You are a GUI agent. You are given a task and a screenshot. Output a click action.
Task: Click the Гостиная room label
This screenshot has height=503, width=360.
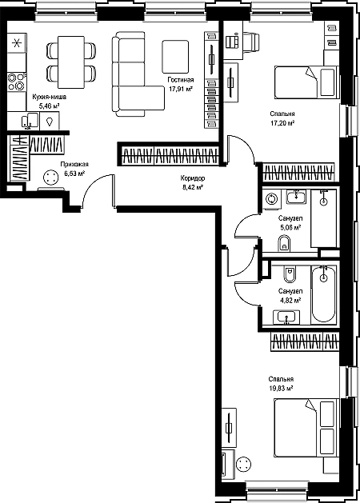pyautogui.click(x=181, y=80)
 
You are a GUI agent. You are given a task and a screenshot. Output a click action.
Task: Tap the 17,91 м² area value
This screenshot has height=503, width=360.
pyautogui.click(x=181, y=89)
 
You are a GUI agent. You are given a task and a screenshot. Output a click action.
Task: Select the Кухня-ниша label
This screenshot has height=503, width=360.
pyautogui.click(x=50, y=97)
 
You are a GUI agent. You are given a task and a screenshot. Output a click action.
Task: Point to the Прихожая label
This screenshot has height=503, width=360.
pyautogui.click(x=74, y=164)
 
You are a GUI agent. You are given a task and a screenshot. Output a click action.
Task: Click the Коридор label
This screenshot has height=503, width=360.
pyautogui.click(x=193, y=178)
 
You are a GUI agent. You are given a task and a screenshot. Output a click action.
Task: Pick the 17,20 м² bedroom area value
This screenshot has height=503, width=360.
pyautogui.click(x=282, y=123)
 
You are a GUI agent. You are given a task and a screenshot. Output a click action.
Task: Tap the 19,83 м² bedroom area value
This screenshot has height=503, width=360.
pyautogui.click(x=282, y=388)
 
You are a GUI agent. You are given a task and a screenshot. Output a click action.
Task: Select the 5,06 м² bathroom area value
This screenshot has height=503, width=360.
pyautogui.click(x=290, y=228)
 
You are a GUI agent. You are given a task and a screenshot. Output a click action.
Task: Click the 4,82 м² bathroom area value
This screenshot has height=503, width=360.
pyautogui.click(x=290, y=301)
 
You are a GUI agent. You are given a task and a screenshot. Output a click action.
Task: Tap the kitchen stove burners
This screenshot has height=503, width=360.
pyautogui.click(x=16, y=82)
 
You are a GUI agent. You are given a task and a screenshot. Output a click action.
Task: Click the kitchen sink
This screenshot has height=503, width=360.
pyautogui.click(x=30, y=121)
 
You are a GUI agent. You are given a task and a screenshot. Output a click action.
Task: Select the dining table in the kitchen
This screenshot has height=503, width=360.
pyautogui.click(x=71, y=62)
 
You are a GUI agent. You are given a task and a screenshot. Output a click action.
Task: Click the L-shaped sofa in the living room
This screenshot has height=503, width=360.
pyautogui.click(x=138, y=74)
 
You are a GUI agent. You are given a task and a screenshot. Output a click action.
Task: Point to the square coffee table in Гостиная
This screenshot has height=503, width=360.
pyautogui.click(x=175, y=57)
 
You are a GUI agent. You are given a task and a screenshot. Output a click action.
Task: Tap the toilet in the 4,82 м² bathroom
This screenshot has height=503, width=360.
pyautogui.click(x=290, y=273)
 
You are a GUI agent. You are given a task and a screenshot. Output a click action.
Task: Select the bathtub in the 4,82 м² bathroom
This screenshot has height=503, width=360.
pyautogui.click(x=323, y=294)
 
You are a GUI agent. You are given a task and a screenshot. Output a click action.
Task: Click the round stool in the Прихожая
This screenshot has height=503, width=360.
pyautogui.click(x=50, y=178)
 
